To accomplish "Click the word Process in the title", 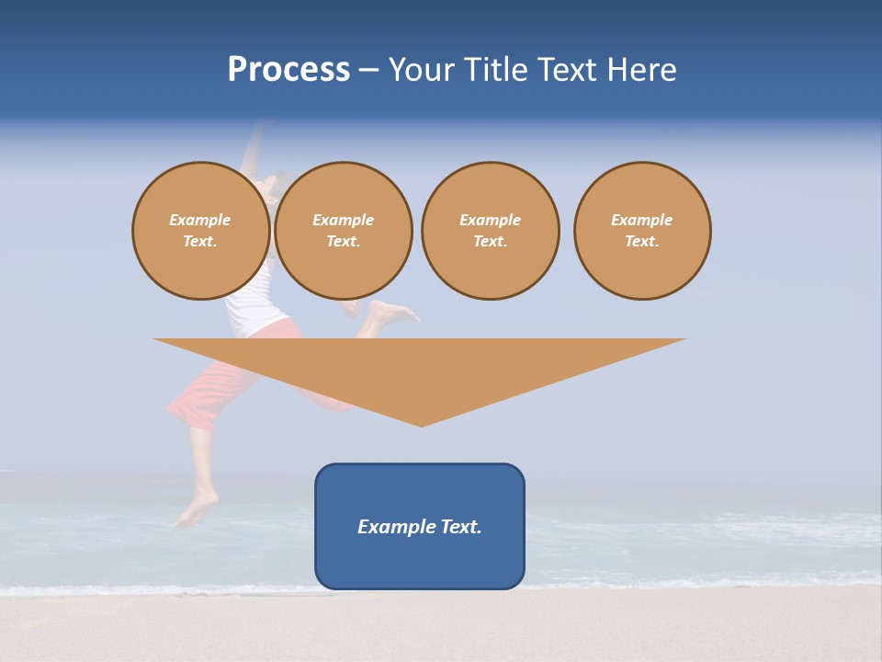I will [x=288, y=70].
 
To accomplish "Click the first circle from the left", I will [x=201, y=231].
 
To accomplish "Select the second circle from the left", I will [x=344, y=231].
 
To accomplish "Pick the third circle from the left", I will [x=491, y=231].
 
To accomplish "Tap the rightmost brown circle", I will [x=642, y=231].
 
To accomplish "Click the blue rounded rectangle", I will [x=420, y=561].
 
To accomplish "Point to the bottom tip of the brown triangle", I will [x=422, y=424].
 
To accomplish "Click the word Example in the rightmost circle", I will [x=642, y=220].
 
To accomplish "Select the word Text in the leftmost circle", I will [x=199, y=242].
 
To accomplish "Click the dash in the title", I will [x=369, y=70].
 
